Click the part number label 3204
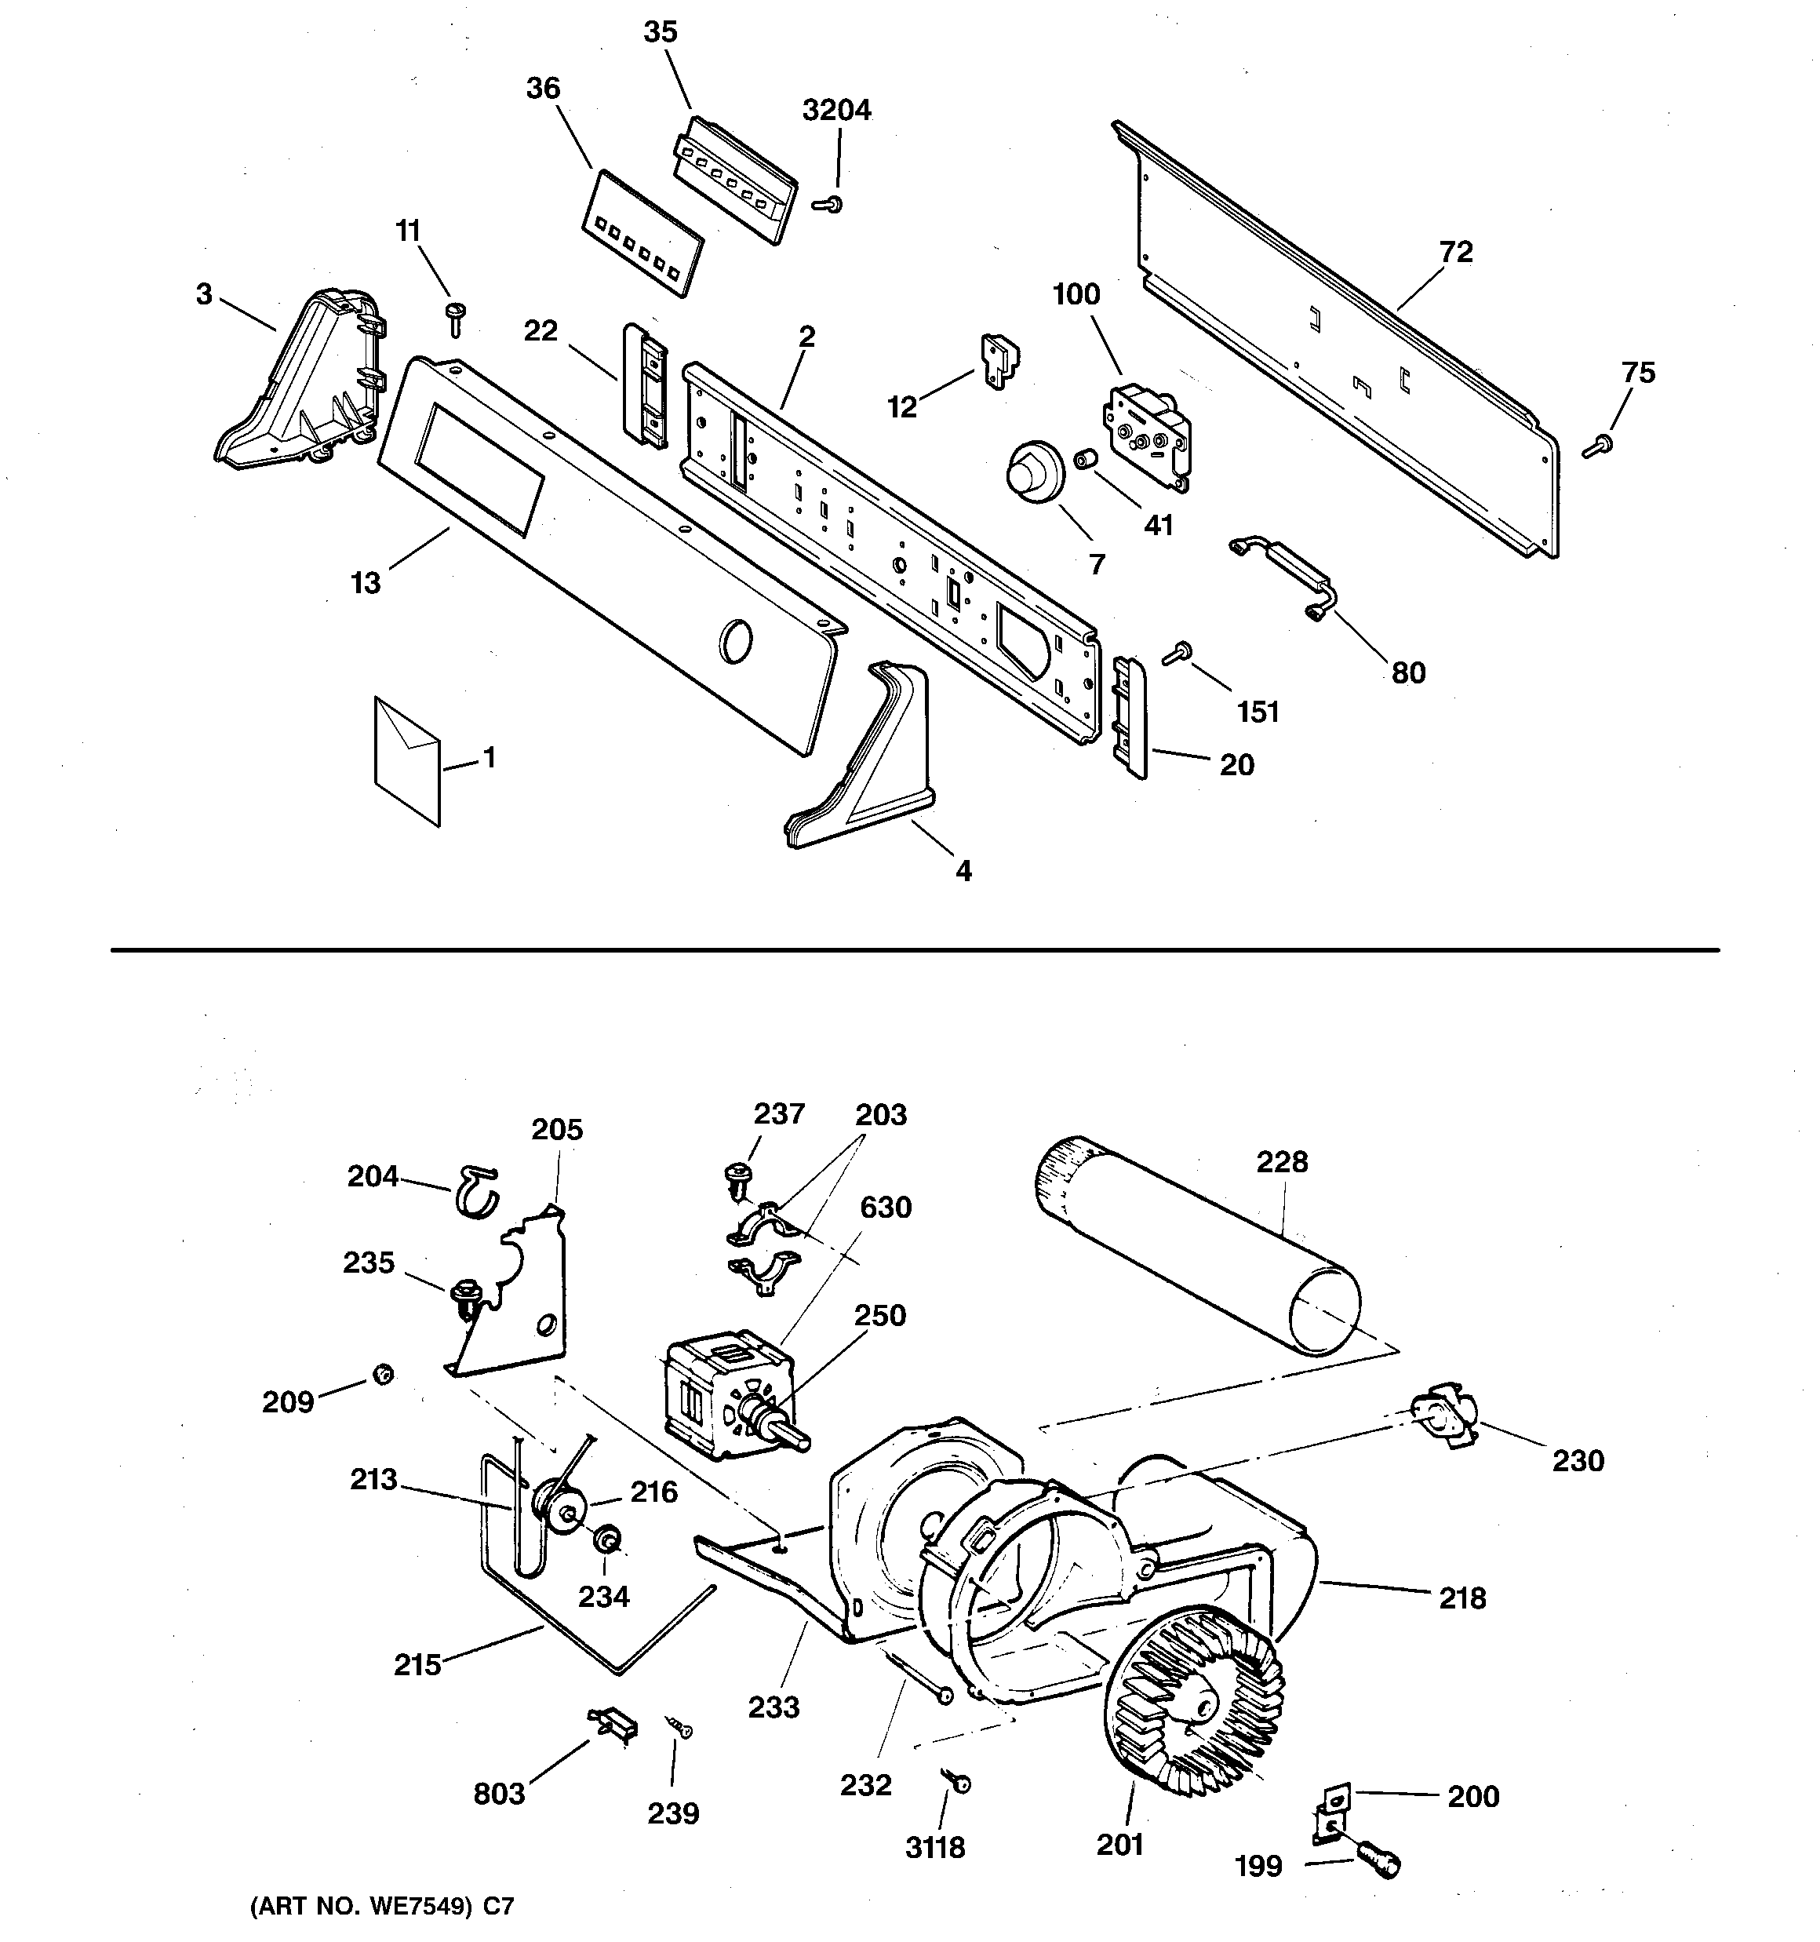(836, 111)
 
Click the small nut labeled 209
(382, 1375)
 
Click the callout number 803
(499, 1794)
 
